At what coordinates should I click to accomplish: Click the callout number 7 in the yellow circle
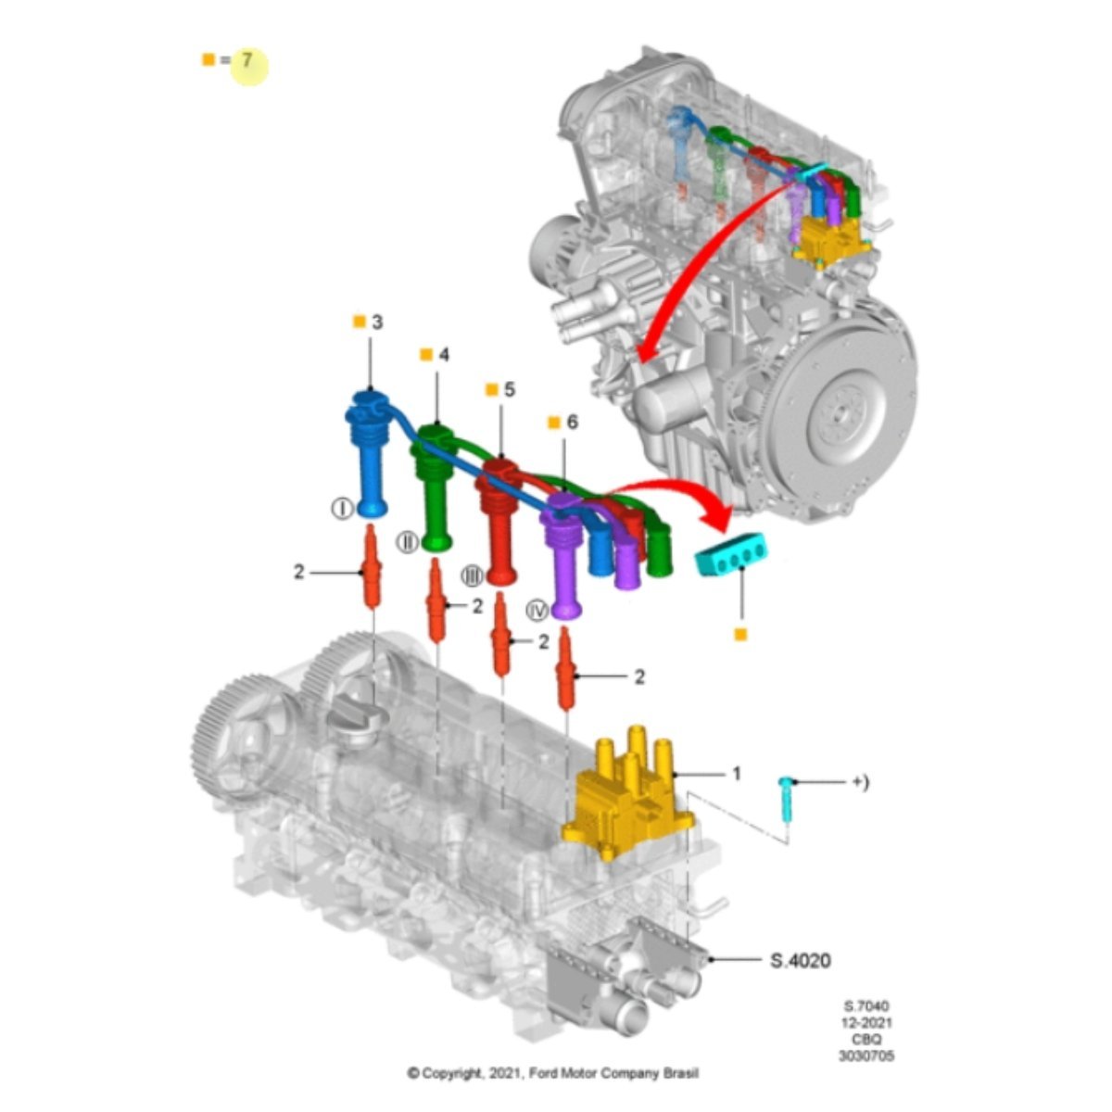(247, 60)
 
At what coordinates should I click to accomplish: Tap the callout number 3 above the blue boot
(377, 322)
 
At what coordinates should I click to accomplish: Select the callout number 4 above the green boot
(444, 355)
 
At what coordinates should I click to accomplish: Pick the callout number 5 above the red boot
(509, 390)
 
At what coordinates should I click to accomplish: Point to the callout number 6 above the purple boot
(572, 423)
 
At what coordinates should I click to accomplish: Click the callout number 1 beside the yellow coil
(737, 773)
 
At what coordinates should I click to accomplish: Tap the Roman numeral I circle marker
(342, 509)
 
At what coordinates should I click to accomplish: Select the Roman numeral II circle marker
(408, 542)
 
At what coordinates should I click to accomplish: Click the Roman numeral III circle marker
(472, 575)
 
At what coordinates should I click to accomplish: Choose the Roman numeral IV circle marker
(537, 611)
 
